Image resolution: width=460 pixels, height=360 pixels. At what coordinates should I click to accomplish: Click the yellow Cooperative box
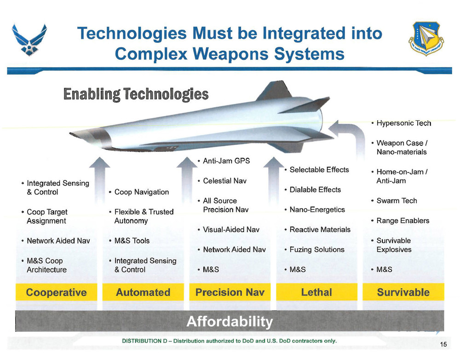pos(57,292)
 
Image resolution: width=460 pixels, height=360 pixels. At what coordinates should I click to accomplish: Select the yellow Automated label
pos(143,292)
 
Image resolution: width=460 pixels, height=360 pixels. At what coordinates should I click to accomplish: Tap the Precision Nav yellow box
pos(230,292)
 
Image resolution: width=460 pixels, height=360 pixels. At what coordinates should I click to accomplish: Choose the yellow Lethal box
pos(316,292)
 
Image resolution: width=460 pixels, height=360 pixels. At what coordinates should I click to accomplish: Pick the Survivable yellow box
pos(403,292)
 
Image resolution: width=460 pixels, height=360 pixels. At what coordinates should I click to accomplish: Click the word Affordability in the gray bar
pos(230,321)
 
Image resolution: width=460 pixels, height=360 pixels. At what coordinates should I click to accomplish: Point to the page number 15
pos(443,345)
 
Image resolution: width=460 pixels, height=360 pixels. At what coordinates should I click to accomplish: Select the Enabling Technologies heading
pos(136,94)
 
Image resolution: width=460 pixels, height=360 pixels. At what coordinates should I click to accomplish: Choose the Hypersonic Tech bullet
pos(403,123)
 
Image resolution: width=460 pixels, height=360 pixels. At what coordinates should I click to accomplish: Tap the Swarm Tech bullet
pos(397,201)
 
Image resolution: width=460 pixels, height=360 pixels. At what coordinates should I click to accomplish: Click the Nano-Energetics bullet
pos(317,209)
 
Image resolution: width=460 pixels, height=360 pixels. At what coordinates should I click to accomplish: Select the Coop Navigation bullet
pos(141,192)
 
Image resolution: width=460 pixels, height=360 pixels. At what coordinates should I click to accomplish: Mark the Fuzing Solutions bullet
pos(317,250)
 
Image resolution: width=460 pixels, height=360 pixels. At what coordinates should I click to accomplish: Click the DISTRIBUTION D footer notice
pos(230,341)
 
